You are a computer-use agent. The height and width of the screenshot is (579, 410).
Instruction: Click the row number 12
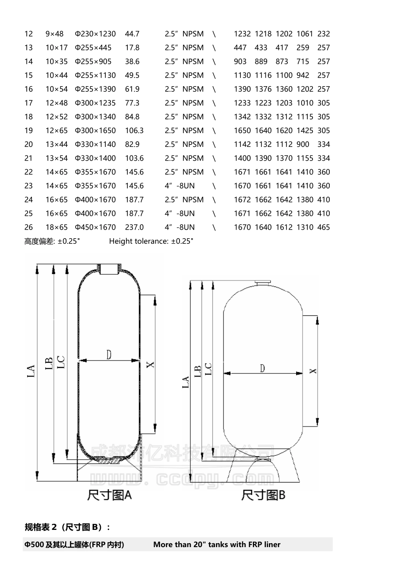pos(28,34)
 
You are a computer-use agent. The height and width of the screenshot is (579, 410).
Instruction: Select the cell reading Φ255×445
pos(93,48)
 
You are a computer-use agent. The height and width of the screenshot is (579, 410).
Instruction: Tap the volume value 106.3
pos(134,131)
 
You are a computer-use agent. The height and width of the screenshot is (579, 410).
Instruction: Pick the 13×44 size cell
pos(57,144)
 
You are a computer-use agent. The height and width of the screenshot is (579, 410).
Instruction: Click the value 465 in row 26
pos(324,227)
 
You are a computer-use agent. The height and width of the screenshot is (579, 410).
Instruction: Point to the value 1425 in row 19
pos(305,131)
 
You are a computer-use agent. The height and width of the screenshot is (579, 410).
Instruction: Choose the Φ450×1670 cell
pos(95,227)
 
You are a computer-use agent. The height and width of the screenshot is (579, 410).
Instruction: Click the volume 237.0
pos(134,227)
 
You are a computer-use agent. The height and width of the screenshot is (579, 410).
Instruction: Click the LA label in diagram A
pos(31,371)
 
